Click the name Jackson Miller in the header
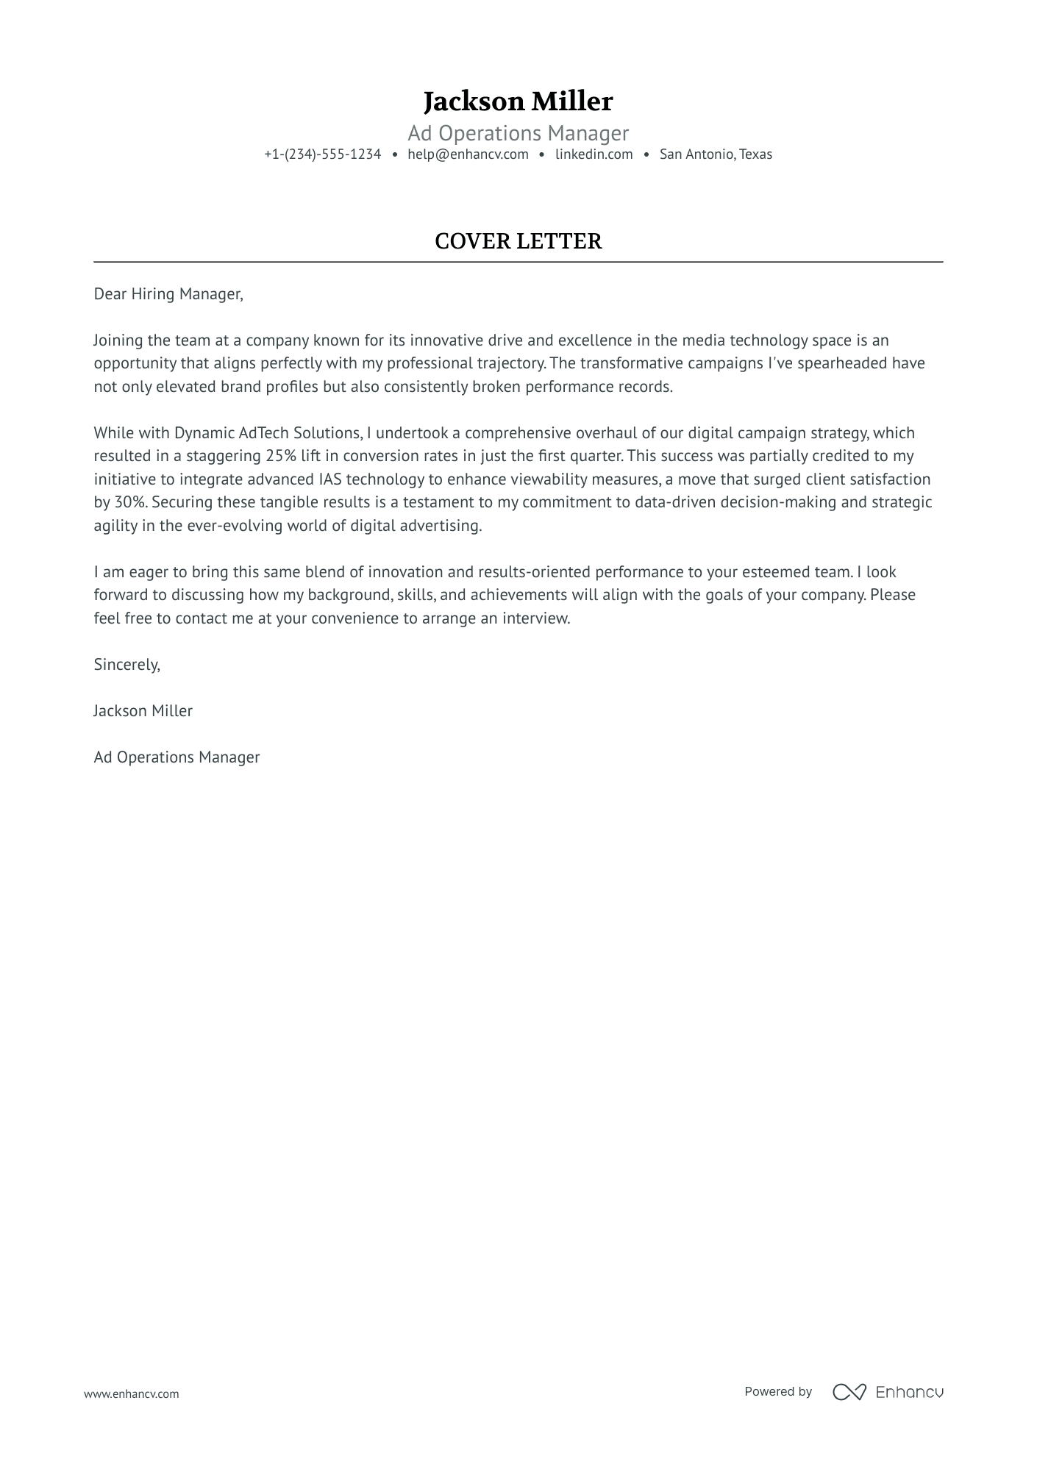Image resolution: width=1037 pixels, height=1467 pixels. pos(518,101)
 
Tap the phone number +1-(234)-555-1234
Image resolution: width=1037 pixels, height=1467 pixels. pos(322,154)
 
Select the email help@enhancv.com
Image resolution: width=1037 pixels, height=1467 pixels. pos(468,154)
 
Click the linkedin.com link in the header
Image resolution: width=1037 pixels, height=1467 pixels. pos(594,154)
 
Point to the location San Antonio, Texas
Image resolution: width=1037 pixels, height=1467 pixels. pos(716,154)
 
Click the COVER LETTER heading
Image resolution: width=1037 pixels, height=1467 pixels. pos(518,241)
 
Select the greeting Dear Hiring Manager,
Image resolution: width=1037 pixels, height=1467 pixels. pos(168,294)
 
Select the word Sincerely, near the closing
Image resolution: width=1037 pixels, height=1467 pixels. pos(126,665)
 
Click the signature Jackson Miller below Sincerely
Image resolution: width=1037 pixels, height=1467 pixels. pos(143,711)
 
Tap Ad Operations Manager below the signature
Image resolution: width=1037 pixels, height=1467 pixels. pos(177,757)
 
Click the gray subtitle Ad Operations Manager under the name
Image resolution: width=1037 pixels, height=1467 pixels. pos(518,133)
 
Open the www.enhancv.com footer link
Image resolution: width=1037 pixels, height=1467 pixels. pos(131,1393)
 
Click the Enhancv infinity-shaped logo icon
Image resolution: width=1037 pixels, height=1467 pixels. pos(849,1392)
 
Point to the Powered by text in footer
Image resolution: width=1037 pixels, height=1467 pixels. pos(777,1391)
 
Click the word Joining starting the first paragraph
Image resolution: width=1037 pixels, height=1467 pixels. pos(118,340)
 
